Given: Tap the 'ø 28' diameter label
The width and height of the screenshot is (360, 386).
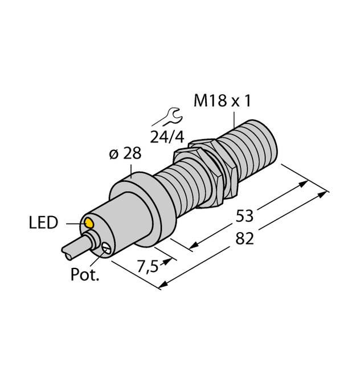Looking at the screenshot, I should (125, 154).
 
